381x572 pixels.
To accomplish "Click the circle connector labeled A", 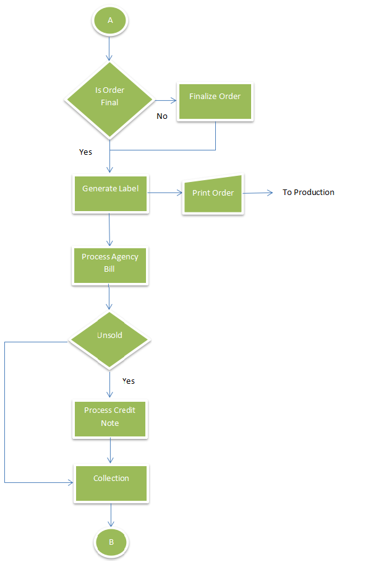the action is [x=109, y=20].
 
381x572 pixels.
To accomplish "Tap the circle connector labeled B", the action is [x=111, y=542].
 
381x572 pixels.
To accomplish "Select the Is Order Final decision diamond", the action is [x=109, y=100].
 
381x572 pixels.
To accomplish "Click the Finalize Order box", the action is [x=215, y=102].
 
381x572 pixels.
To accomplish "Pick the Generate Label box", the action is [x=111, y=194].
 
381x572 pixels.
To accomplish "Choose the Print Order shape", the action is [x=213, y=194].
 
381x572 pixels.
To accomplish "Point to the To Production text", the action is [x=309, y=193].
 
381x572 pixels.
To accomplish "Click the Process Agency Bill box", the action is [x=109, y=266].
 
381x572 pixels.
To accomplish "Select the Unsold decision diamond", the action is [x=109, y=340].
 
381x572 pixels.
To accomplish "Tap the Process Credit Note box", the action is [x=109, y=419].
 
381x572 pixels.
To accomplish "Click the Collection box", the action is [x=111, y=483].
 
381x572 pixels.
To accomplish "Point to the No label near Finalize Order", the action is [x=162, y=116].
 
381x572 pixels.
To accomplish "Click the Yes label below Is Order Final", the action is [x=86, y=152].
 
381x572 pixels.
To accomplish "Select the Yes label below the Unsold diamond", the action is [x=128, y=381].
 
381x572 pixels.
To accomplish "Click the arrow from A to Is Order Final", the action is [x=109, y=48].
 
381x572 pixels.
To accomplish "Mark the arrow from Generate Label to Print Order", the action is [x=165, y=193].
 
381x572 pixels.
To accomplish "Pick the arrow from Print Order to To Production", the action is [x=258, y=193].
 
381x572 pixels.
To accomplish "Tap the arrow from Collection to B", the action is [x=111, y=515].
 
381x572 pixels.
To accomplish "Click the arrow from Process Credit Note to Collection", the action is [x=110, y=451].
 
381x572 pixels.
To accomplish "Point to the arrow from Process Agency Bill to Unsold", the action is [x=109, y=297].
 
